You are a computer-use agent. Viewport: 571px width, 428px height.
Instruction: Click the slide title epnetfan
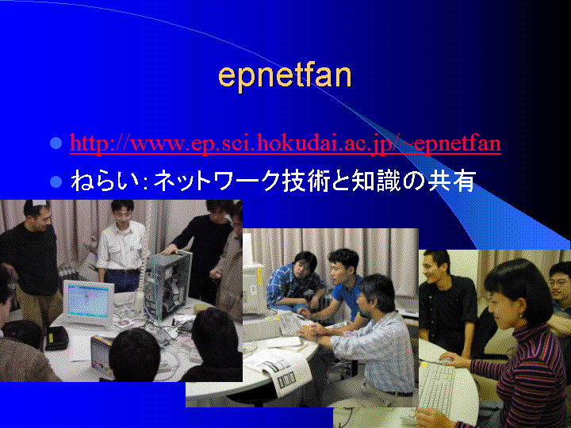[x=285, y=78]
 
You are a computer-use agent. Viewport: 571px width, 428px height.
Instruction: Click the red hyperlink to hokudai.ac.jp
[x=285, y=143]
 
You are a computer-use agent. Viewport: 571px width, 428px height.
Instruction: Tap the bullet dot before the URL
[x=56, y=143]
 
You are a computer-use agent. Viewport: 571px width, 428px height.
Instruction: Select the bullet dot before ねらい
[x=56, y=181]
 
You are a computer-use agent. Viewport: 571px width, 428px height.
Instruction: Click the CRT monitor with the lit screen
[x=88, y=302]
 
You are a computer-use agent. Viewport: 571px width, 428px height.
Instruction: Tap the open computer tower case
[x=168, y=284]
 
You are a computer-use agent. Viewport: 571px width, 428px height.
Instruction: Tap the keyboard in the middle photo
[x=290, y=323]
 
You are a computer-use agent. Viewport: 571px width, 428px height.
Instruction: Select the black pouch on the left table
[x=56, y=338]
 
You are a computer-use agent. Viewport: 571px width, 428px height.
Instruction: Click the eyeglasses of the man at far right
[x=560, y=282]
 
